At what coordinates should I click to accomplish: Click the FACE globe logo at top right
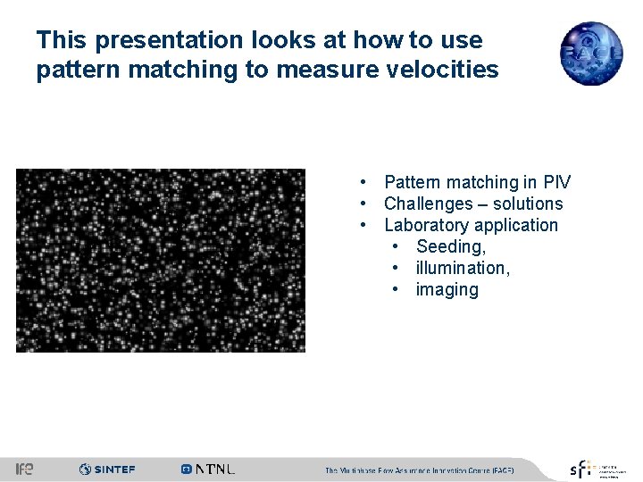click(590, 53)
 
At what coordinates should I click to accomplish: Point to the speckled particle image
click(161, 260)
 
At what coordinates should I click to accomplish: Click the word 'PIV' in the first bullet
click(556, 183)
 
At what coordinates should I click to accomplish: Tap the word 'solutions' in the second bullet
click(525, 204)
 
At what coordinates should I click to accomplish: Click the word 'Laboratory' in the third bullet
click(426, 226)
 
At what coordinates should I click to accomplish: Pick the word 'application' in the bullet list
click(515, 226)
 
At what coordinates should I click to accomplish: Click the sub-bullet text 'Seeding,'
click(451, 247)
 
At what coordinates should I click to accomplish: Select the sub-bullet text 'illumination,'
click(461, 269)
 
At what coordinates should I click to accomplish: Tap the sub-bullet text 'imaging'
click(447, 290)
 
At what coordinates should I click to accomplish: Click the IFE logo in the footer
click(25, 469)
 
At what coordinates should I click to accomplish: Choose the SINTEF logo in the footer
click(107, 469)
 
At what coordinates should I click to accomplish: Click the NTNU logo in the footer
click(208, 469)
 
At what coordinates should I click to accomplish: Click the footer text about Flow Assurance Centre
click(419, 470)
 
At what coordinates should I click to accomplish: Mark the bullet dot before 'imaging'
click(395, 290)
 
